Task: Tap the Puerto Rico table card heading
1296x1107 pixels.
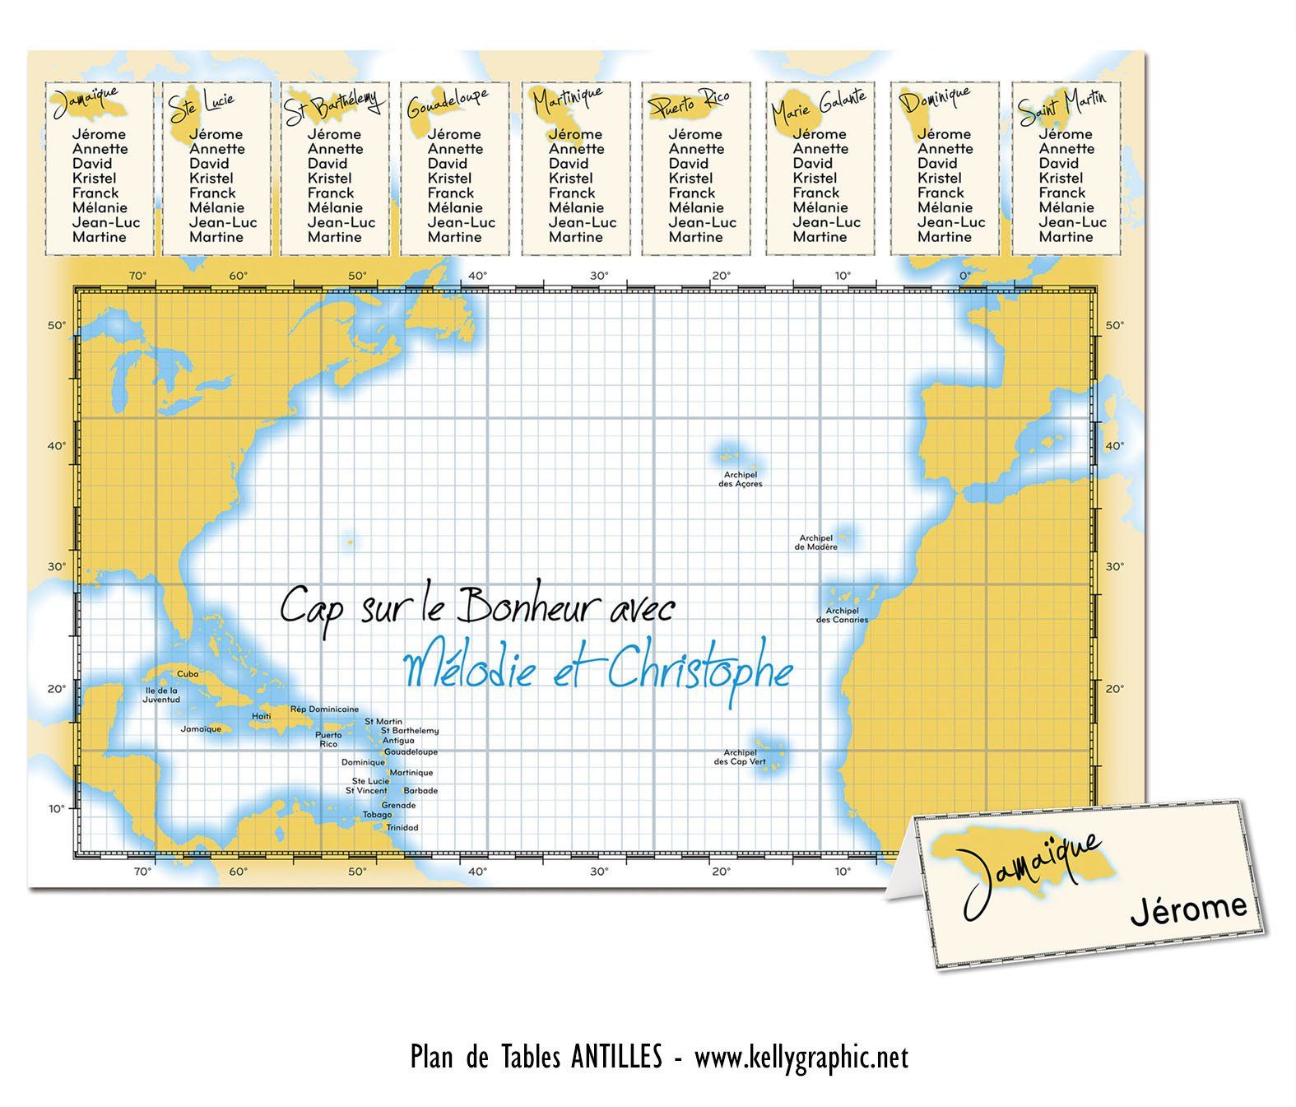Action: pos(690,103)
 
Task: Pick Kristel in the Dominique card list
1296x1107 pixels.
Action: pos(939,178)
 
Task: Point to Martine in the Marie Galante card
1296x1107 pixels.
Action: pos(820,237)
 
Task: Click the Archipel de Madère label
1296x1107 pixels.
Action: pos(818,542)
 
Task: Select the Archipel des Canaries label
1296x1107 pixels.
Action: pos(842,615)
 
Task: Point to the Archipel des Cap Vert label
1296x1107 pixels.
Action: pos(740,757)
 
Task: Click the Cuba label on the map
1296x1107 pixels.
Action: pos(188,673)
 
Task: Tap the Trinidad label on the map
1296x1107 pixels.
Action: pos(402,827)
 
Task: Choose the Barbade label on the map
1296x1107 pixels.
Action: pos(420,790)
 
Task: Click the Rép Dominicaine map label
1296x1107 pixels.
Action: pos(324,709)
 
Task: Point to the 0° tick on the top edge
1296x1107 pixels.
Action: pos(965,276)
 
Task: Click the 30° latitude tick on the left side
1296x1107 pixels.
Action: pos(55,566)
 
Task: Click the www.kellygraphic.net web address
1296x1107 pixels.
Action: pos(801,1057)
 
